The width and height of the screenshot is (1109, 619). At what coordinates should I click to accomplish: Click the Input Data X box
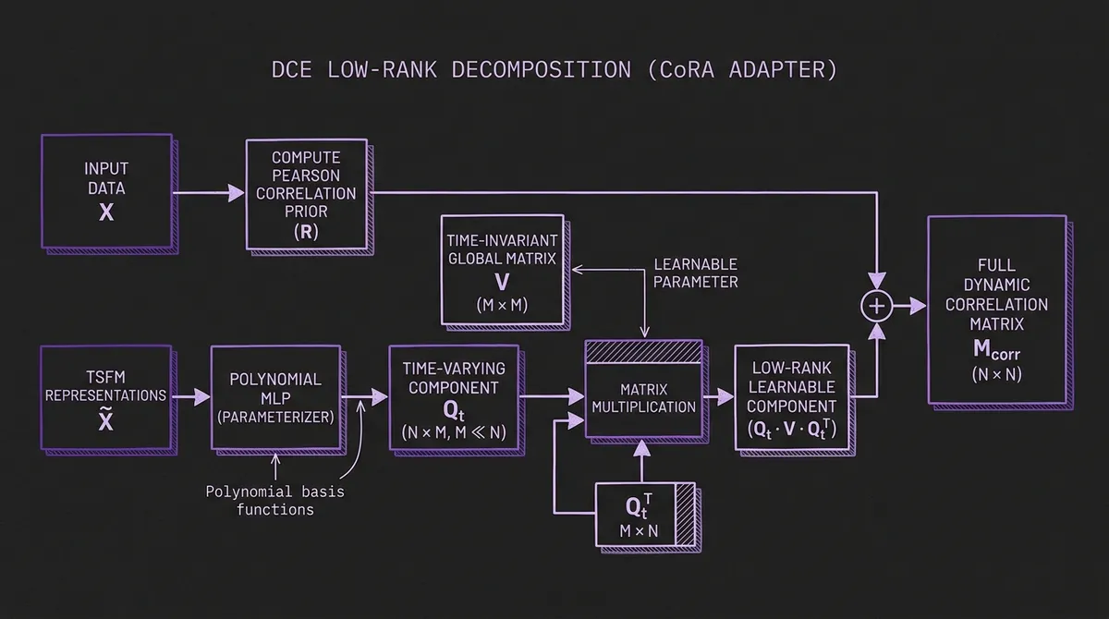(106, 191)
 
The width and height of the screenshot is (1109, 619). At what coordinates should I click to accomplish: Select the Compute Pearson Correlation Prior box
(306, 194)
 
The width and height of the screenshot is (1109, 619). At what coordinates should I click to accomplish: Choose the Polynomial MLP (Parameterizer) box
(274, 396)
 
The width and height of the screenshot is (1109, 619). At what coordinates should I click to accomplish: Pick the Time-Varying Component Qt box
(453, 396)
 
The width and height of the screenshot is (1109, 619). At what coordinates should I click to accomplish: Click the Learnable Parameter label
(695, 273)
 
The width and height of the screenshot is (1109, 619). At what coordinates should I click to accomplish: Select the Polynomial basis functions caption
(274, 500)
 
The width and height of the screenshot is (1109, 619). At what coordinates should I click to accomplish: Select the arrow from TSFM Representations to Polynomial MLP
(190, 396)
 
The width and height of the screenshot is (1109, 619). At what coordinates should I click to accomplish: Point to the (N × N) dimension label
(995, 375)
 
